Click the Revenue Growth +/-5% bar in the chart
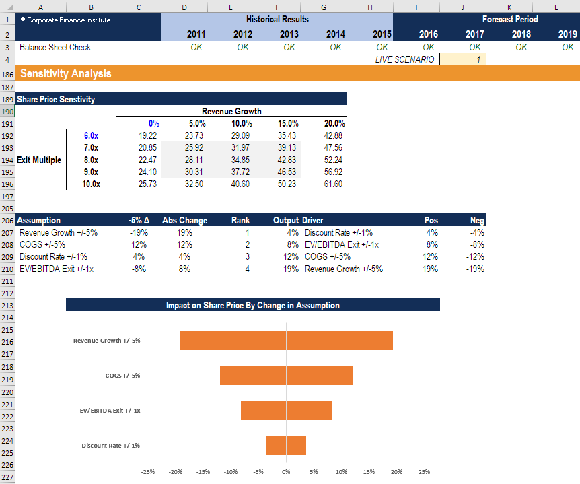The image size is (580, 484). [286, 340]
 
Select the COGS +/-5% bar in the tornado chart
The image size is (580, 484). [286, 375]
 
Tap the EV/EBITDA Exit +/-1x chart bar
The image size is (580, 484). [286, 410]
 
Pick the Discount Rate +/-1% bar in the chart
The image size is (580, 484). [286, 445]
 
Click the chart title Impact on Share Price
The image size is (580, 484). [252, 305]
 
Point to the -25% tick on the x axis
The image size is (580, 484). [148, 472]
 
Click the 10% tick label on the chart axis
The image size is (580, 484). [341, 472]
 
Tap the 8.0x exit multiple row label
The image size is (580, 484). [91, 160]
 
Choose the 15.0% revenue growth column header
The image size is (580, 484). [288, 123]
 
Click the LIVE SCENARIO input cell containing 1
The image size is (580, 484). [462, 59]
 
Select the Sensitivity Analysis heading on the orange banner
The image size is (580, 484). [66, 73]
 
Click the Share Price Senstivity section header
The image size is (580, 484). [56, 99]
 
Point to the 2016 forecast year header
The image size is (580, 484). [428, 34]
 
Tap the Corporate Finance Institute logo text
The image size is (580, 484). [65, 20]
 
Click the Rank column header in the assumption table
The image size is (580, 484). [240, 220]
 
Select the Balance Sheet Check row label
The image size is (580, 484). [55, 47]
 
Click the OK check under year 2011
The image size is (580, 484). [196, 47]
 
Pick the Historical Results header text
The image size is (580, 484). [277, 19]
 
